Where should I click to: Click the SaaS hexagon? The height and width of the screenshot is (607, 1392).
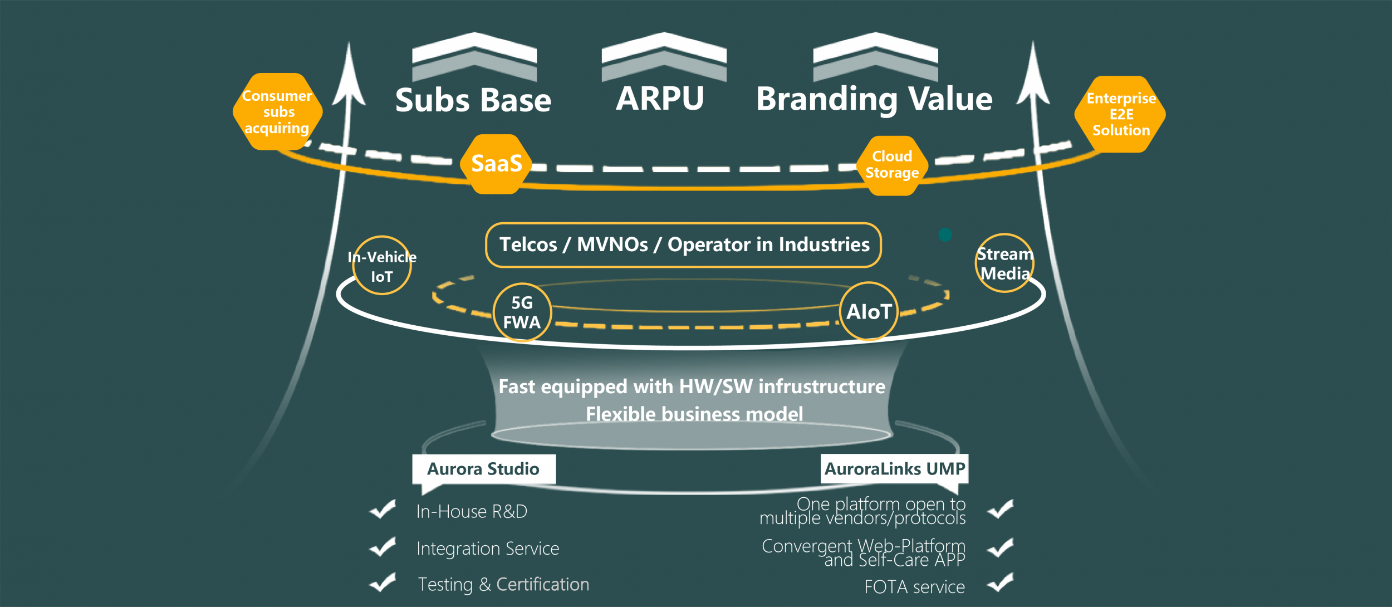[x=496, y=164]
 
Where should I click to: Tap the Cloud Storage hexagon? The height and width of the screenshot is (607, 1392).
[x=892, y=165]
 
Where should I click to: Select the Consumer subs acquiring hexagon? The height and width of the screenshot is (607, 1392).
[x=277, y=112]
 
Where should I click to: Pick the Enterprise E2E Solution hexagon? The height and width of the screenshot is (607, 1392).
[x=1120, y=114]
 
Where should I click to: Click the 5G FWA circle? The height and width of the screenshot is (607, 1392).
[x=522, y=312]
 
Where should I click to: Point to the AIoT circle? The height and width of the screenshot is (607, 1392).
[x=869, y=311]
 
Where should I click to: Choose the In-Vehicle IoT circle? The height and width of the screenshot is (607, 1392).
[x=382, y=266]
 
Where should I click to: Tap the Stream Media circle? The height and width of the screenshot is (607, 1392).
[x=1004, y=263]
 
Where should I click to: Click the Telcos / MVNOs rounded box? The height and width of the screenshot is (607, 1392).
[x=683, y=245]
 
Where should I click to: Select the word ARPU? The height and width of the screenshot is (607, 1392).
[x=660, y=99]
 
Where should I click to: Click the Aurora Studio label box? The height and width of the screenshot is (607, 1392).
[x=483, y=469]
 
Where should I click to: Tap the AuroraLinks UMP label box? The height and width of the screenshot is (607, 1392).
[x=894, y=469]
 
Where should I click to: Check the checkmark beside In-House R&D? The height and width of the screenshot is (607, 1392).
[x=383, y=509]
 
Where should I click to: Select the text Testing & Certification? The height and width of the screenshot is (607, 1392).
[x=503, y=584]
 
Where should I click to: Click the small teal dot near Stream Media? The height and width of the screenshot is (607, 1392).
[x=945, y=234]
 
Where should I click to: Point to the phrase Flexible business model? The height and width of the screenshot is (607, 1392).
[x=694, y=414]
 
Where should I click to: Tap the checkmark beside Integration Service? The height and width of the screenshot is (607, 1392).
[x=383, y=547]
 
